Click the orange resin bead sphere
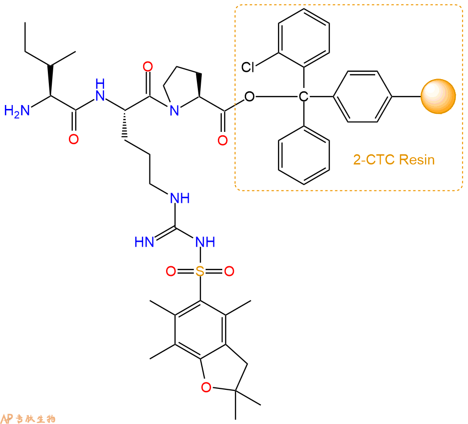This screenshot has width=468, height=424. [x=438, y=96]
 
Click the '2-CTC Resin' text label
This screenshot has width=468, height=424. [x=394, y=160]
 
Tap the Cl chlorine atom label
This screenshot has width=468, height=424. [x=248, y=67]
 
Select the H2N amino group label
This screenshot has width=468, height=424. [x=17, y=111]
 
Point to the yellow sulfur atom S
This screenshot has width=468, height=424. [x=200, y=271]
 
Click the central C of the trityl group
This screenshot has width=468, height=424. [x=303, y=96]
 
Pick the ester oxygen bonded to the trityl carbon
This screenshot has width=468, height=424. [x=249, y=96]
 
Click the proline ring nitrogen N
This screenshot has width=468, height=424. [x=174, y=110]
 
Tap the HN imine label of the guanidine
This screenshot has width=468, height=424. [x=144, y=242]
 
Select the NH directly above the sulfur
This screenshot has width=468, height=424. [x=205, y=242]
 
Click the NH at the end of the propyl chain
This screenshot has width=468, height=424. [x=180, y=198]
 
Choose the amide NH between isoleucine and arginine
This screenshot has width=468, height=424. [x=100, y=90]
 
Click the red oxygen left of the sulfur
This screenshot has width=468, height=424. [x=170, y=271]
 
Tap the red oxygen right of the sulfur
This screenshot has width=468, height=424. [x=229, y=271]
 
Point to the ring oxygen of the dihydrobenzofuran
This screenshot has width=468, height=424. [x=206, y=387]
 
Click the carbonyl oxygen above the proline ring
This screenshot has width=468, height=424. [x=148, y=66]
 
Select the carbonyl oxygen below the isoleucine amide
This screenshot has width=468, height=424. [x=73, y=139]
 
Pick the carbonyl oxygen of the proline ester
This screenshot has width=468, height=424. [x=222, y=140]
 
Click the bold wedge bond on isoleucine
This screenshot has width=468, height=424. [x=50, y=81]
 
